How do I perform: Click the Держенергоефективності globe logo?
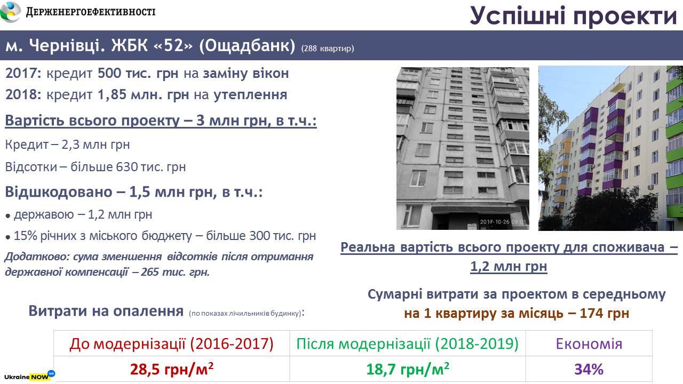(x=10, y=12)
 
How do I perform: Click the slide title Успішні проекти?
(x=574, y=16)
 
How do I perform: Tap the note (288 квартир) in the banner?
(x=328, y=49)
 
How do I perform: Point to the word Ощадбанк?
(x=247, y=46)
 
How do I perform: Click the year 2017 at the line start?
(x=21, y=74)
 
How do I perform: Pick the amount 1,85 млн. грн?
(x=144, y=95)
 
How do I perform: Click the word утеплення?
(x=250, y=95)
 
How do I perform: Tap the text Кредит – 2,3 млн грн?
(x=67, y=145)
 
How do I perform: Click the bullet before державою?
(x=8, y=216)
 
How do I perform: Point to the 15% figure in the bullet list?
(x=25, y=236)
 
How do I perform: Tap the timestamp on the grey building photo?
(x=503, y=222)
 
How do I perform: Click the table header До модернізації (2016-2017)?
(x=171, y=344)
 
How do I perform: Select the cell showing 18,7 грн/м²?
(x=408, y=369)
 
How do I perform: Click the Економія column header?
(x=589, y=344)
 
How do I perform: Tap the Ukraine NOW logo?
(x=29, y=376)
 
